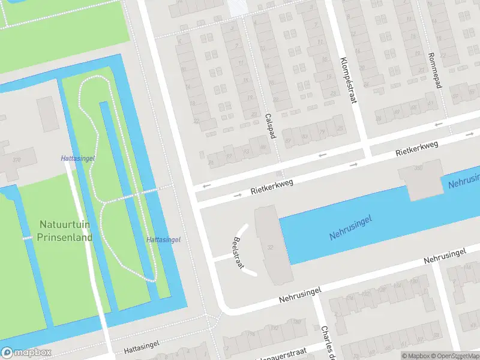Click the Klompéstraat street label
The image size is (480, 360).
tap(348, 80)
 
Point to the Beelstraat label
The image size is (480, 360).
tap(238, 252)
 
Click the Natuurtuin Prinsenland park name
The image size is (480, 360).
tap(66, 230)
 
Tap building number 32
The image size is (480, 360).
tap(271, 247)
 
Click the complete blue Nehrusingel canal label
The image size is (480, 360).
tap(350, 227)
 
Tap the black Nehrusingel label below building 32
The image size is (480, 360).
tap(300, 294)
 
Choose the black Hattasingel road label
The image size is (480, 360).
tap(143, 349)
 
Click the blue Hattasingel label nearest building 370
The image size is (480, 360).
tap(78, 158)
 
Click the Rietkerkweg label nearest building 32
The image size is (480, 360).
tap(273, 186)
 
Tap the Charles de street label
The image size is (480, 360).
tap(326, 342)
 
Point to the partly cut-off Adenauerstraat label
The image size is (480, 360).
tap(281, 356)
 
